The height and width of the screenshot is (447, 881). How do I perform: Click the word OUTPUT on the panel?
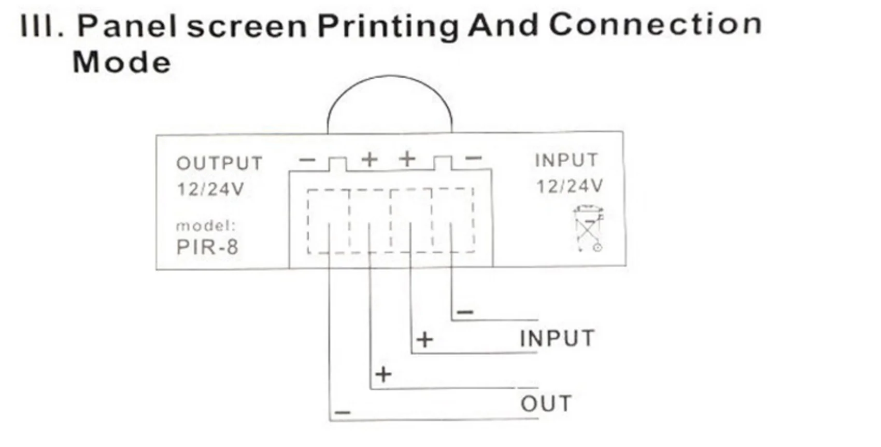219,163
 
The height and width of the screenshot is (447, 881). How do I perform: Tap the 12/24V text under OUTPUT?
210,189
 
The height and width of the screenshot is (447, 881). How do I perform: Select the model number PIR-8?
207,247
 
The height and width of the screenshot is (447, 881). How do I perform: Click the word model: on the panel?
206,226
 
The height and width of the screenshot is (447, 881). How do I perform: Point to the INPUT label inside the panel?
566,160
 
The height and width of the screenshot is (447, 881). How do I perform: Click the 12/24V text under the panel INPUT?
570,186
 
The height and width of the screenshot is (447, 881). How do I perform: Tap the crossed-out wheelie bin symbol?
589,228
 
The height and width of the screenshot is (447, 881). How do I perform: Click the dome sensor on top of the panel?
389,104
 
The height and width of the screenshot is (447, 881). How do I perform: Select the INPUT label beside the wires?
557,339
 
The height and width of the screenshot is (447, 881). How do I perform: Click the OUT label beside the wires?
546,403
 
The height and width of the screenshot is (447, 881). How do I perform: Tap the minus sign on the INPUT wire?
465,312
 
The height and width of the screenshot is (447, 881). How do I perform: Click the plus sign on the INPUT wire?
424,340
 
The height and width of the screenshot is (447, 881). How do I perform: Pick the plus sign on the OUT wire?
383,374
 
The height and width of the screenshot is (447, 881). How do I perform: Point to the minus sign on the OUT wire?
343,413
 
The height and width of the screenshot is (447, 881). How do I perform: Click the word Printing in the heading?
388,26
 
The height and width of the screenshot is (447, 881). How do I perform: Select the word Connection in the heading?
655,24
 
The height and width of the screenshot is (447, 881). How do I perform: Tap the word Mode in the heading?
122,63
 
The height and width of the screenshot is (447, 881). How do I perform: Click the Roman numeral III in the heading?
41,26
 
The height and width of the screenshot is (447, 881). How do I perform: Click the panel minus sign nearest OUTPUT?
307,160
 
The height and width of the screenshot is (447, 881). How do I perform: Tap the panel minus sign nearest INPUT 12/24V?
474,158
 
